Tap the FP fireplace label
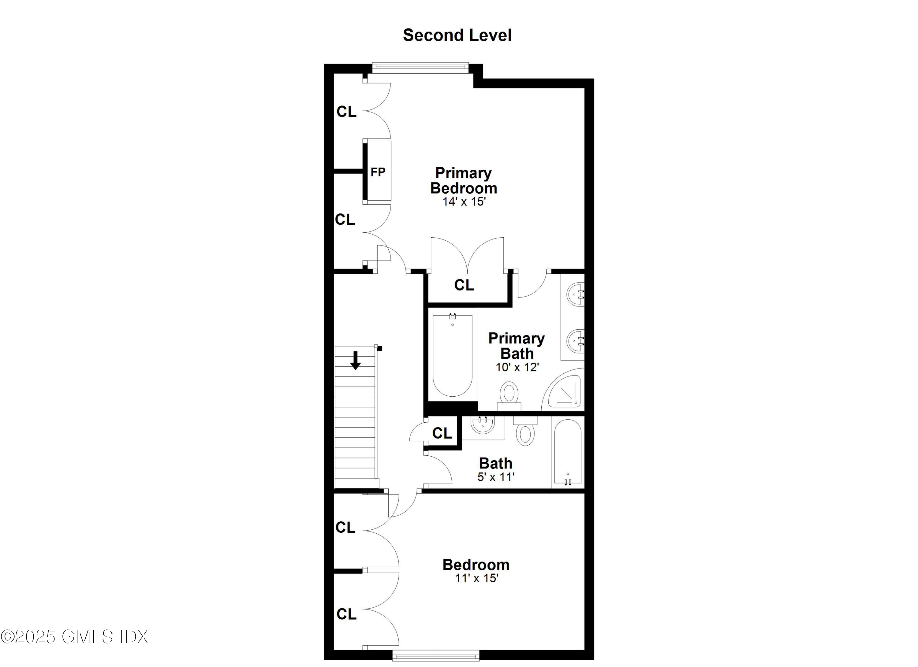tap(378, 172)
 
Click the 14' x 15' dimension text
tap(464, 202)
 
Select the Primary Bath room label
tap(517, 346)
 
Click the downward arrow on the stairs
tap(355, 360)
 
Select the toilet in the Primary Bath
tap(509, 396)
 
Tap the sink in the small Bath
tap(483, 425)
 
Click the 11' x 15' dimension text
tap(476, 578)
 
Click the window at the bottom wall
tap(436, 655)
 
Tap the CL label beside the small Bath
tap(442, 433)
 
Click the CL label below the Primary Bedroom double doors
tap(464, 285)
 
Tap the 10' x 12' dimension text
tap(517, 367)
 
